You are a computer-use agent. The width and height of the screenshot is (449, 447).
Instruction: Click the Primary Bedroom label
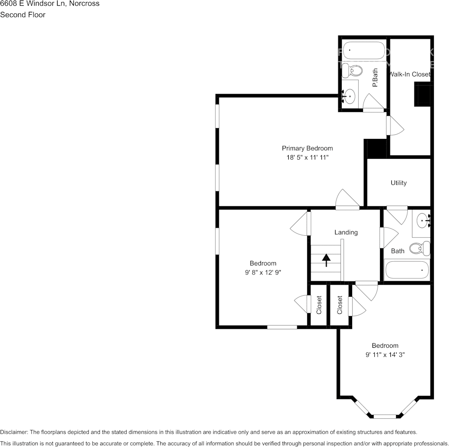(307, 148)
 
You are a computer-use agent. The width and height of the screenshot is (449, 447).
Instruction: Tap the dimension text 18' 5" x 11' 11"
(307, 158)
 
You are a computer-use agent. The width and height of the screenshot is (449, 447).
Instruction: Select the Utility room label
(398, 183)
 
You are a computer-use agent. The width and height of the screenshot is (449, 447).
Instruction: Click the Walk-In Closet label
(409, 74)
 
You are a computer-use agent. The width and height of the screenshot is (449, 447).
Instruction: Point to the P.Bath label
(375, 78)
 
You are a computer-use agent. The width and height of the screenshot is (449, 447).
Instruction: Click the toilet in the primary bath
(352, 70)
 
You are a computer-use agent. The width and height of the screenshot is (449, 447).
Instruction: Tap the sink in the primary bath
(349, 96)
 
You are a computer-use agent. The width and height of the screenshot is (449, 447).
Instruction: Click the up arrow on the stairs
(326, 260)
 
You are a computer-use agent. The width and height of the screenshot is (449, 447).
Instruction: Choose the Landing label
(346, 232)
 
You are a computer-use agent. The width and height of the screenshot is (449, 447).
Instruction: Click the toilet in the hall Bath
(419, 248)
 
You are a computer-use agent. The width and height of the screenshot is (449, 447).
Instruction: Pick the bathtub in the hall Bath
(407, 270)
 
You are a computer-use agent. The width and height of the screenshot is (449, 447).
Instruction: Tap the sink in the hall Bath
(422, 220)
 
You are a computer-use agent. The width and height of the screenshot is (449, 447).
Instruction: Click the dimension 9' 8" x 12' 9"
(263, 272)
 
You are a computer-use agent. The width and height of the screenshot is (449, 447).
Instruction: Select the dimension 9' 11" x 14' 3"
(385, 354)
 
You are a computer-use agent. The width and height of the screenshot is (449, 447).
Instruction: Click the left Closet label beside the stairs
(319, 305)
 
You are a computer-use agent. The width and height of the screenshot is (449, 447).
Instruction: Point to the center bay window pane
(385, 416)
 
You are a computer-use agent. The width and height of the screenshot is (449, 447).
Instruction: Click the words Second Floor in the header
(23, 15)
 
